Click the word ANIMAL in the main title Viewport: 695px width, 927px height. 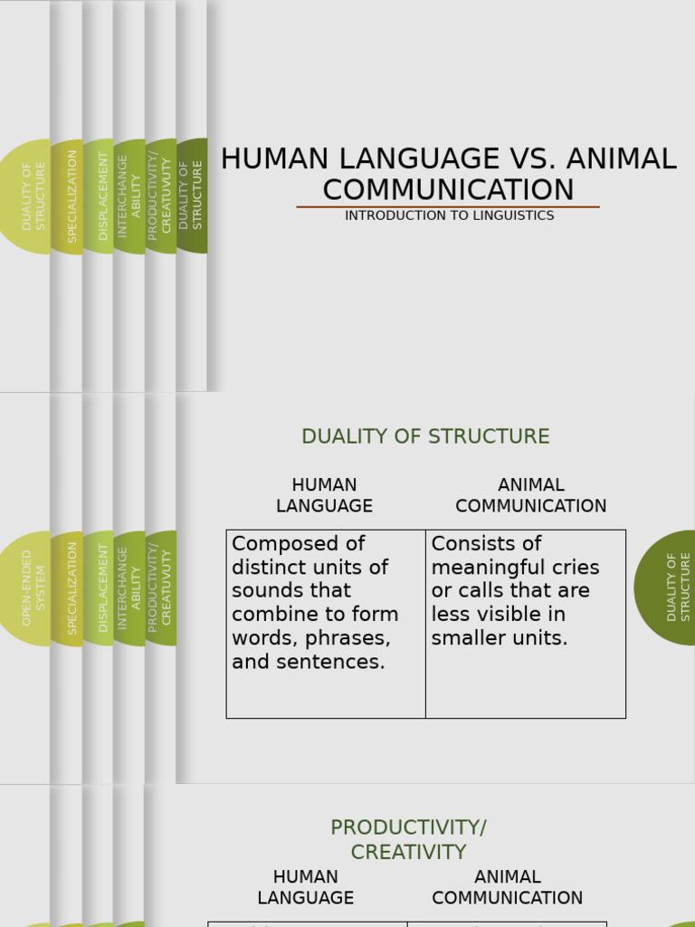(x=624, y=158)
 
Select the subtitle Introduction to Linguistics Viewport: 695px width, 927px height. (x=449, y=215)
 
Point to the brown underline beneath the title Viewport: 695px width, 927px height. (x=448, y=207)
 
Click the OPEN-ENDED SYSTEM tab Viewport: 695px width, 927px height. (x=33, y=588)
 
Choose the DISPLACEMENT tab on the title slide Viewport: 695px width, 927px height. (x=103, y=196)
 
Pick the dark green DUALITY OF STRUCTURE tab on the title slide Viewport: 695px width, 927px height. (x=192, y=196)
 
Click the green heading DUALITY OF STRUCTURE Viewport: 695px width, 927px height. (x=425, y=436)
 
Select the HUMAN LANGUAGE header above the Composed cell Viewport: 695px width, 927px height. (x=324, y=495)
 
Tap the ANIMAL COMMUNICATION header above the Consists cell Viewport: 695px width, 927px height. (x=530, y=495)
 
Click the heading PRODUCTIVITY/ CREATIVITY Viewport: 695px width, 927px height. (x=408, y=839)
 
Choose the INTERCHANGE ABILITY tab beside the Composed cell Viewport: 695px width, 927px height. (x=129, y=588)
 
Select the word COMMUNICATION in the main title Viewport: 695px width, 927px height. (x=448, y=190)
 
